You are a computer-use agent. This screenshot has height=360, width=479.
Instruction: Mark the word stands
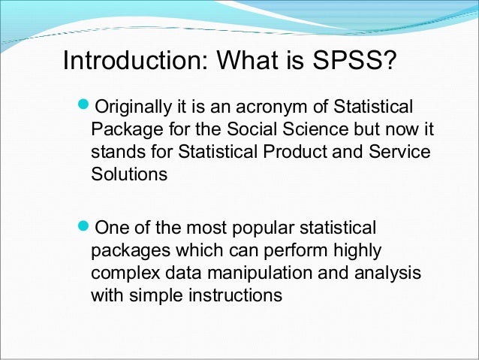pos(115,152)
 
